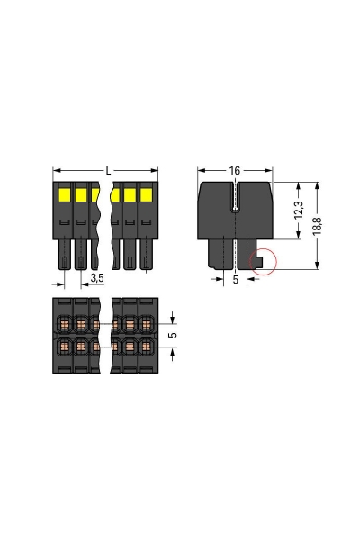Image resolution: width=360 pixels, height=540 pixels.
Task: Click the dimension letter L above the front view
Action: [108, 169]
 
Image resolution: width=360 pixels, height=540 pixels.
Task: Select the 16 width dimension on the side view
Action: [235, 169]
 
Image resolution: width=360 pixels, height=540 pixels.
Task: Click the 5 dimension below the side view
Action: [236, 281]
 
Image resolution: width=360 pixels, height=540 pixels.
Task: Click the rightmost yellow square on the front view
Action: [146, 194]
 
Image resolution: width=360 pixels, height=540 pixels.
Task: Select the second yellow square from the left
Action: [81, 194]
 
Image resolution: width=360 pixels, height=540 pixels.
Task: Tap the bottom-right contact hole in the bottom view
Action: [146, 346]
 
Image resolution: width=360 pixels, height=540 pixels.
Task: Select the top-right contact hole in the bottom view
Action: [146, 323]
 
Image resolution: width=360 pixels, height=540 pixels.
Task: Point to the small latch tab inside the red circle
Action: [259, 262]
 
